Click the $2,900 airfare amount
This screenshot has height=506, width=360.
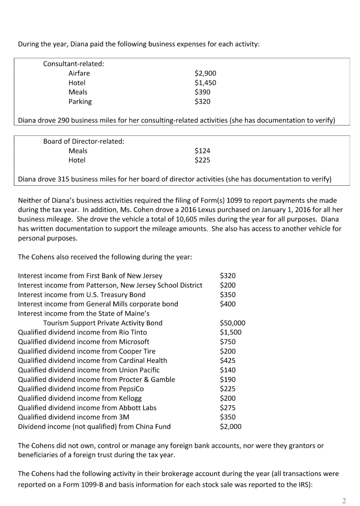205,73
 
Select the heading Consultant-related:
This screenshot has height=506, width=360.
74,64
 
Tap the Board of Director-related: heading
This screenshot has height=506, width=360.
83,141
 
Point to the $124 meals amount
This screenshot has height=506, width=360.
202,151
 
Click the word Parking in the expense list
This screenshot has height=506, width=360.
80,102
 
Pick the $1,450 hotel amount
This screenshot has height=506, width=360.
205,83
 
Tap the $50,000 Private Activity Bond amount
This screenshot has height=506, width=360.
232,323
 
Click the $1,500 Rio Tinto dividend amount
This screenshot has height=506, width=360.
231,333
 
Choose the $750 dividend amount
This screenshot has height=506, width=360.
228,342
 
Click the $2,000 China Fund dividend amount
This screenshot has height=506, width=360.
231,426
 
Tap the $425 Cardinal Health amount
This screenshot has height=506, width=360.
228,361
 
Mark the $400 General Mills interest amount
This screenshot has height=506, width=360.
228,304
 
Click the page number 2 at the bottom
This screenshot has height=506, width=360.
344,501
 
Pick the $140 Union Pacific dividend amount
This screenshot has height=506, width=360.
228,370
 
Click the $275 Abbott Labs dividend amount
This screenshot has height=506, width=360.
228,408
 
